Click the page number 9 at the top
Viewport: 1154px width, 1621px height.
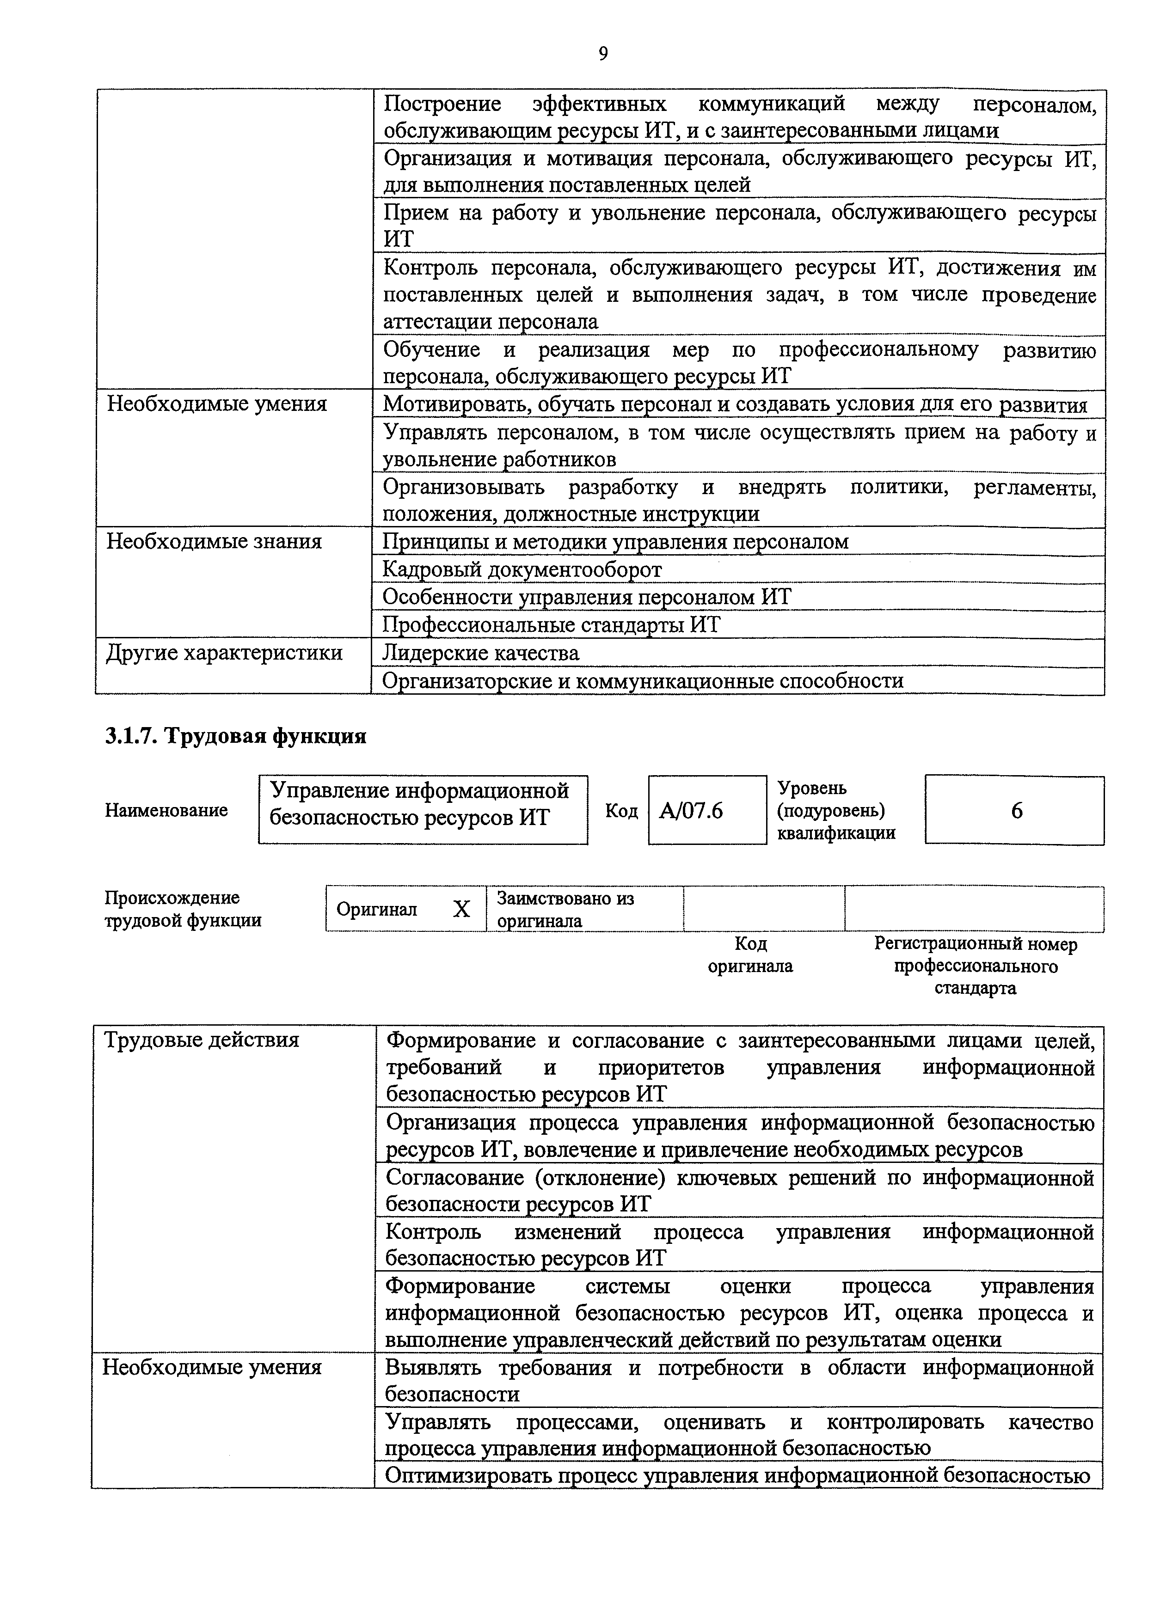point(602,54)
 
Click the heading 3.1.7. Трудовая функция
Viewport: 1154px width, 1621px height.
point(235,736)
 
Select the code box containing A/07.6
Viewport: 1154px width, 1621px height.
point(706,810)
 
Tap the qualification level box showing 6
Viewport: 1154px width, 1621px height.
point(1015,810)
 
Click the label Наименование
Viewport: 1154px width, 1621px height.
point(166,810)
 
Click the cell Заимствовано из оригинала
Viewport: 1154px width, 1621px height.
point(565,909)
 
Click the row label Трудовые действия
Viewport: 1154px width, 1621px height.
point(202,1040)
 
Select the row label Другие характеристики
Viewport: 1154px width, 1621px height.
point(225,653)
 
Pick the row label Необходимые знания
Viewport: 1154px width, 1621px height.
point(214,541)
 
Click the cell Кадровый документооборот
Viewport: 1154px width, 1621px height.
point(522,569)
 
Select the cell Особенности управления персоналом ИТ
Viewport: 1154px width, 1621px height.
point(586,597)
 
